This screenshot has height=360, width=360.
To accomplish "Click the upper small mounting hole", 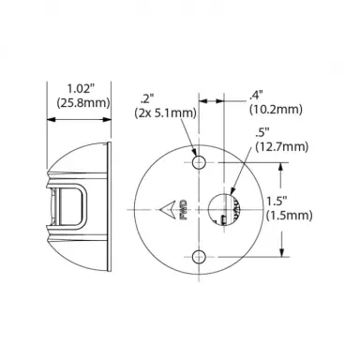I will [x=199, y=162].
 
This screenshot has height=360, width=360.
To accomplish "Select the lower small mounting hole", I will [x=199, y=257].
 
